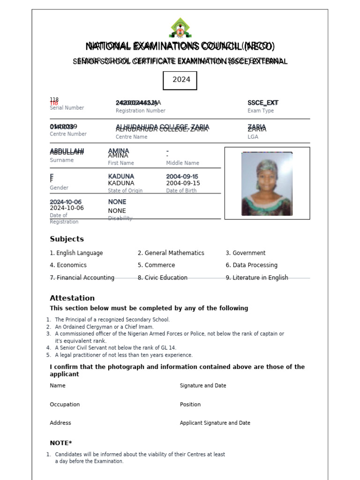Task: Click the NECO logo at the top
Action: (180, 28)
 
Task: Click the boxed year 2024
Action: (180, 80)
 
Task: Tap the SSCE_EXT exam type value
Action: (263, 103)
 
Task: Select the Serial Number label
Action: (67, 108)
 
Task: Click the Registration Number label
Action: (140, 111)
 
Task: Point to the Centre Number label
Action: (68, 134)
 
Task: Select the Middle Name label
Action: (182, 163)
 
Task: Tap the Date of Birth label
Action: (183, 191)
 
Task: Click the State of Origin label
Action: (125, 191)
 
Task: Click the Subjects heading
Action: (67, 239)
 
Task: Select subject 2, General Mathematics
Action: (171, 253)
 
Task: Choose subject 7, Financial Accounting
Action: (82, 278)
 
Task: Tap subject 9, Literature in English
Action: (257, 278)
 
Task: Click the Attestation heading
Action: (72, 298)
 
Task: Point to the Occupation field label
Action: (65, 405)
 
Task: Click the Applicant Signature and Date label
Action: (215, 423)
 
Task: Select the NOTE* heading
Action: (61, 443)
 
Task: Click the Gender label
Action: (59, 188)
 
